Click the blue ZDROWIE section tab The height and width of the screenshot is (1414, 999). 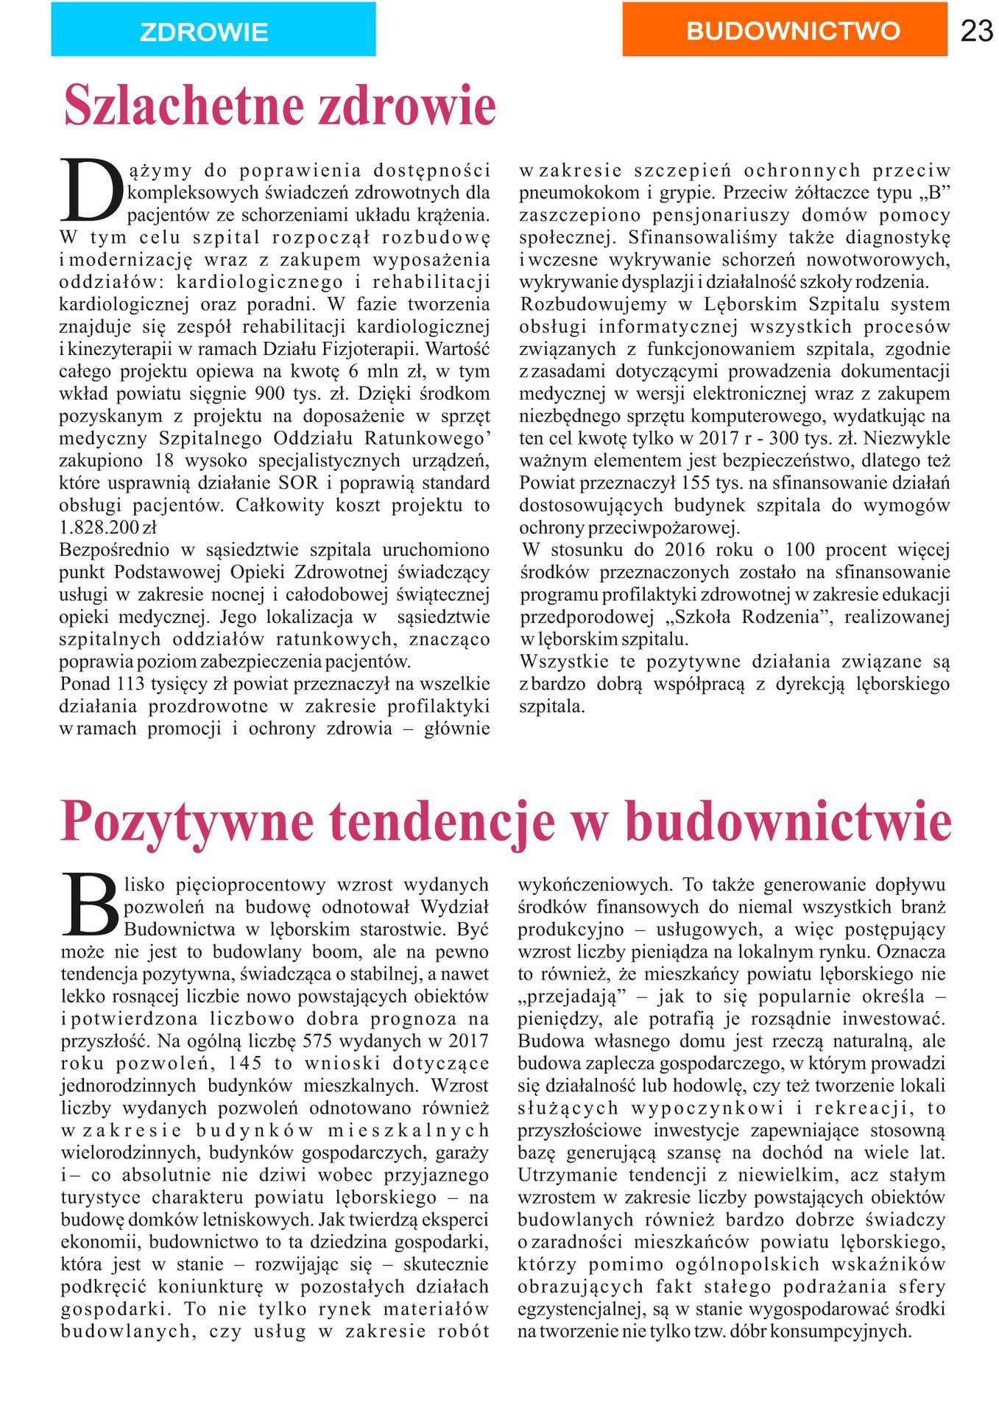pos(213,29)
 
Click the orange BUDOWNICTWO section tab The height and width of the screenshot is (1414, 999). pos(785,29)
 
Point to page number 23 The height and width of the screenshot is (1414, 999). pos(977,31)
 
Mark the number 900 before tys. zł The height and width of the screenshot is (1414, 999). pos(269,394)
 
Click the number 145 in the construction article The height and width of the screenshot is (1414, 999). pos(245,1063)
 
